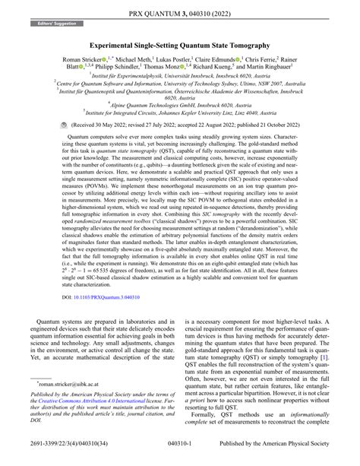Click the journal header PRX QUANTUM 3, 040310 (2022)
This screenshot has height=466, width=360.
(x=180, y=13)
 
